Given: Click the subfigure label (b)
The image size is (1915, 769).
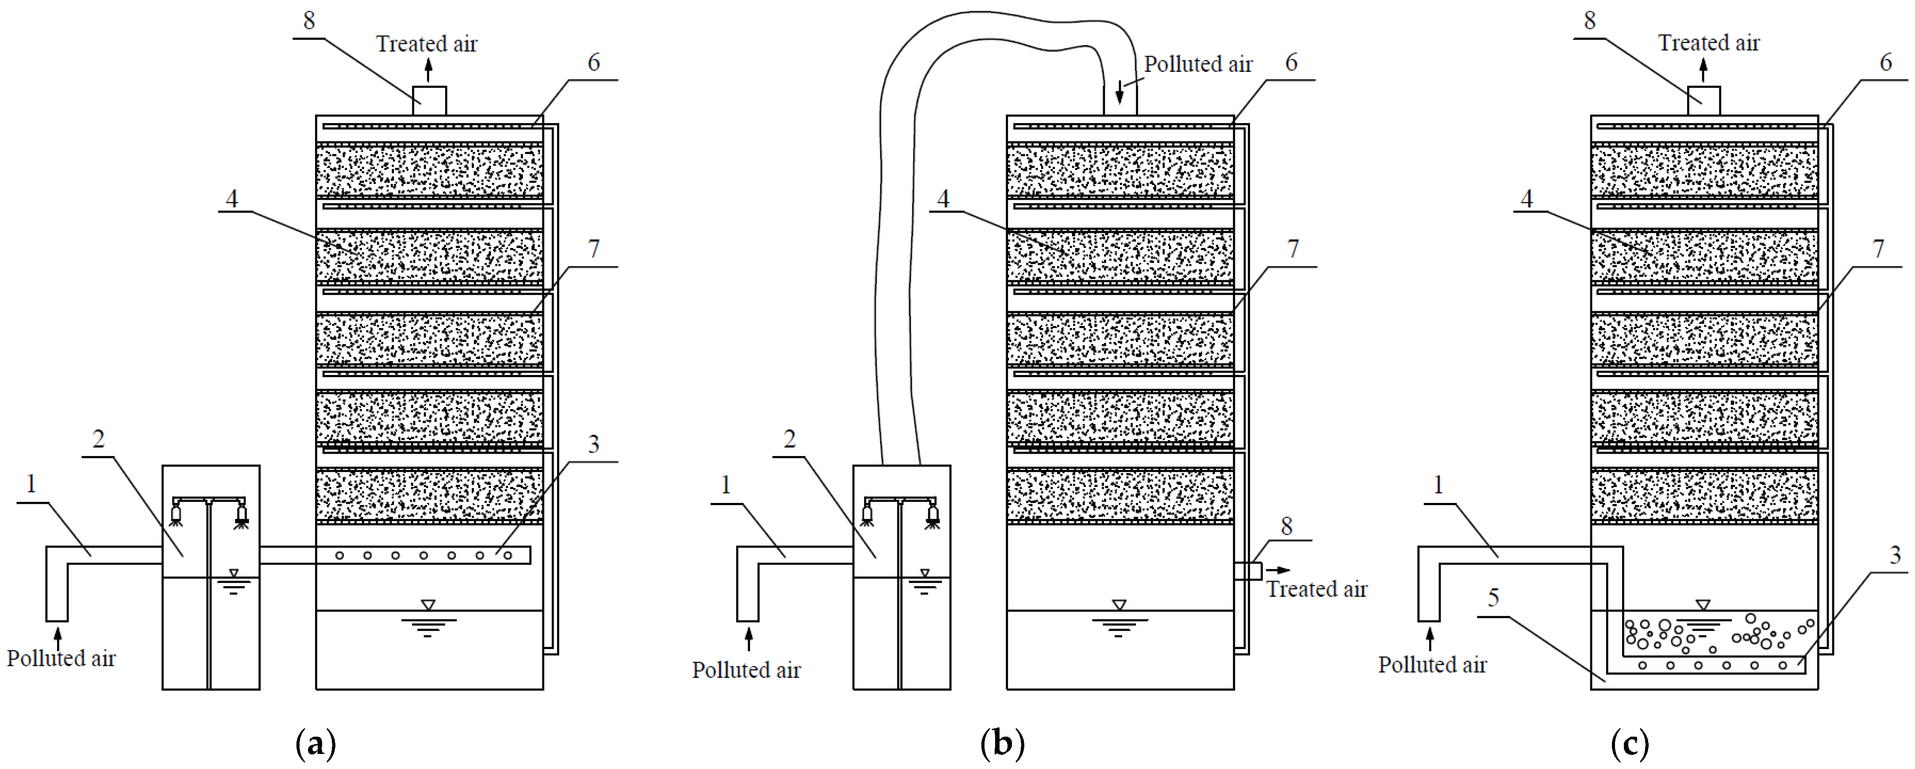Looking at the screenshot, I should pos(1002,743).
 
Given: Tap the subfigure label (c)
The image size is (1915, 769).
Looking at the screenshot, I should pos(1630,743).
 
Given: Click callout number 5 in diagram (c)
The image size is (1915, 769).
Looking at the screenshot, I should pos(1493,597).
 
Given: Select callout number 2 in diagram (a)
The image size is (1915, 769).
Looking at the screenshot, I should pos(98,439).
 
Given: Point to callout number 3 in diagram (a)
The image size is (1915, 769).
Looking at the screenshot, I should pos(593,444).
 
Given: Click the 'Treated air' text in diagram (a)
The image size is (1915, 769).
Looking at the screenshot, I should pos(427,44).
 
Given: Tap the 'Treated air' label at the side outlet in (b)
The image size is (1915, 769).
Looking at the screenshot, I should pos(1317,589).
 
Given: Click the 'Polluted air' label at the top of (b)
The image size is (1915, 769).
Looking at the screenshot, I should pos(1198,65).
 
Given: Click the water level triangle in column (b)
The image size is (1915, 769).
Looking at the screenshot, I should pos(1119,605).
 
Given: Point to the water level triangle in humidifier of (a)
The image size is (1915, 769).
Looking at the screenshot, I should pos(234,573).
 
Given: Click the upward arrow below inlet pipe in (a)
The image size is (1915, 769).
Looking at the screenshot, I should pos(57,638).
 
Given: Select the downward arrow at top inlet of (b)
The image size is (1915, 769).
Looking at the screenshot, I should pos(1119,93).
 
